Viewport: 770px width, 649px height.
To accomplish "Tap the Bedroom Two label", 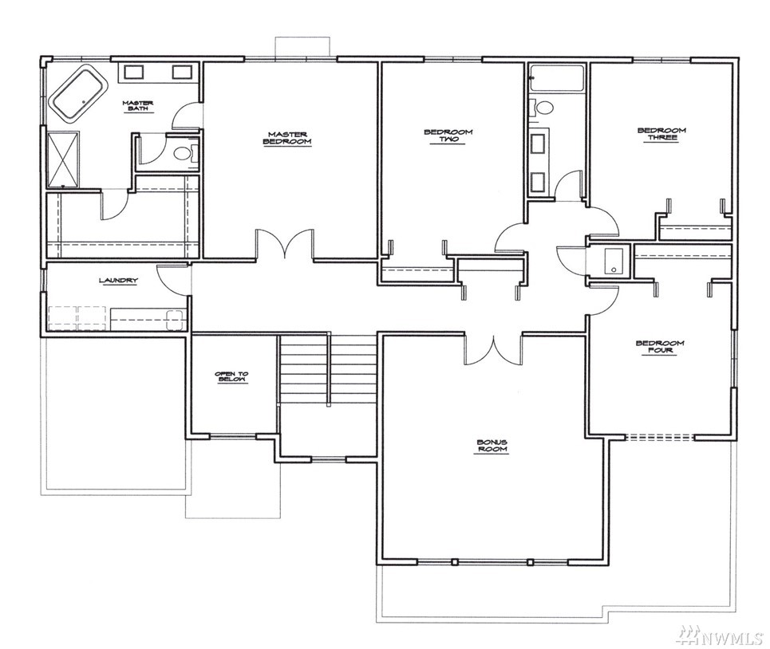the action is [x=448, y=136].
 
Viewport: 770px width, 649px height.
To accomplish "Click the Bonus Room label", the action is [x=492, y=446].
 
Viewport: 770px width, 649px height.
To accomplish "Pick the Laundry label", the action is [x=118, y=281].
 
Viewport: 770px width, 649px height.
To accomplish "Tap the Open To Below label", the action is [x=231, y=377].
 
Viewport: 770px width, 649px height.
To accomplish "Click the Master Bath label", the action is [x=138, y=105].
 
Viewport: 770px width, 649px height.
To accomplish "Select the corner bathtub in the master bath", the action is [x=80, y=92].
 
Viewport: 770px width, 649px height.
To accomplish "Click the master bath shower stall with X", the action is [x=63, y=159].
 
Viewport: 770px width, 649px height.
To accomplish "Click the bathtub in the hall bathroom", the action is [x=556, y=77].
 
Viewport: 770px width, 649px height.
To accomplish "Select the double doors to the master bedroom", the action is [x=284, y=244].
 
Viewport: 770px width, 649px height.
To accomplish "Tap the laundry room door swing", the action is [x=172, y=279].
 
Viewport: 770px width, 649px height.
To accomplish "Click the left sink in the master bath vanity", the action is [x=133, y=72].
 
